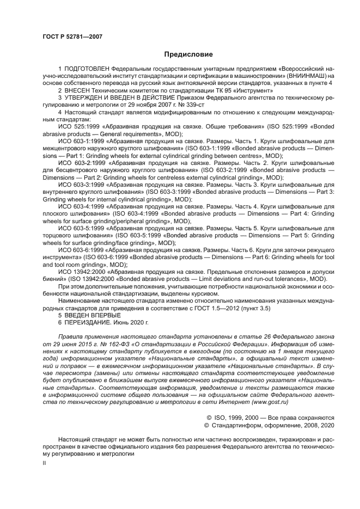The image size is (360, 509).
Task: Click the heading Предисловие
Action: click(x=180, y=54)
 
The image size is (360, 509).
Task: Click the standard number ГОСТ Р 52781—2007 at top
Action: click(x=72, y=36)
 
